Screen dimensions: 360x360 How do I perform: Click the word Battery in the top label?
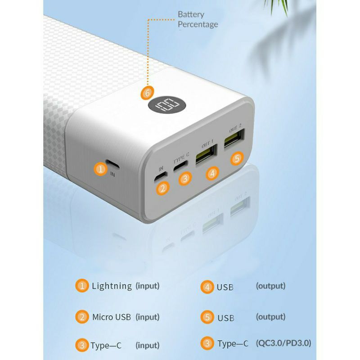[191, 14]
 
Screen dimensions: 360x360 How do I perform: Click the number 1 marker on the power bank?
[101, 169]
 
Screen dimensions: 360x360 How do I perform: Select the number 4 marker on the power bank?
[212, 172]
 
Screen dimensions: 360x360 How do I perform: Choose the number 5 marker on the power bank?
[238, 158]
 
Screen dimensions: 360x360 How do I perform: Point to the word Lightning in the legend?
[112, 285]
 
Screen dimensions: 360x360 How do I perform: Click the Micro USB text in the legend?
[111, 317]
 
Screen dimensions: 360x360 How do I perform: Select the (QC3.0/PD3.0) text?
[283, 344]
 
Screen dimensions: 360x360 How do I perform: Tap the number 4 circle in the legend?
[207, 286]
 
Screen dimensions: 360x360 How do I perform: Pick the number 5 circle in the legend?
[207, 317]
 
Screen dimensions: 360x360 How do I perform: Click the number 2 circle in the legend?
[82, 317]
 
